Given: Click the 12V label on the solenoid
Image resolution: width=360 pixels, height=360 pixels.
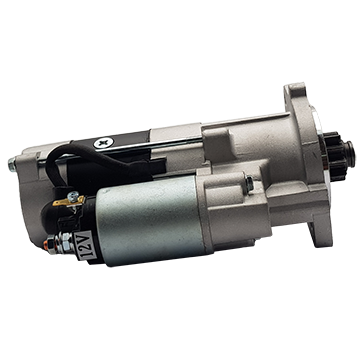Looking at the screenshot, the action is (85, 245).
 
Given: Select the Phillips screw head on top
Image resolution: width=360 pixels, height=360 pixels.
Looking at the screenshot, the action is (104, 143).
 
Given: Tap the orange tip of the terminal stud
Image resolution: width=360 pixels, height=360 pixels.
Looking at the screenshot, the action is (45, 245).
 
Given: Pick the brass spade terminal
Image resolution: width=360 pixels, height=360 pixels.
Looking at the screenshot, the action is (68, 201).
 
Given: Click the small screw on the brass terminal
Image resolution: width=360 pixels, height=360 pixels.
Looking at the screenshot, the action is (73, 196).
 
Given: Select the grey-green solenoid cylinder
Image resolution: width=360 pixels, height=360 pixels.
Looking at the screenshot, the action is (150, 219).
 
